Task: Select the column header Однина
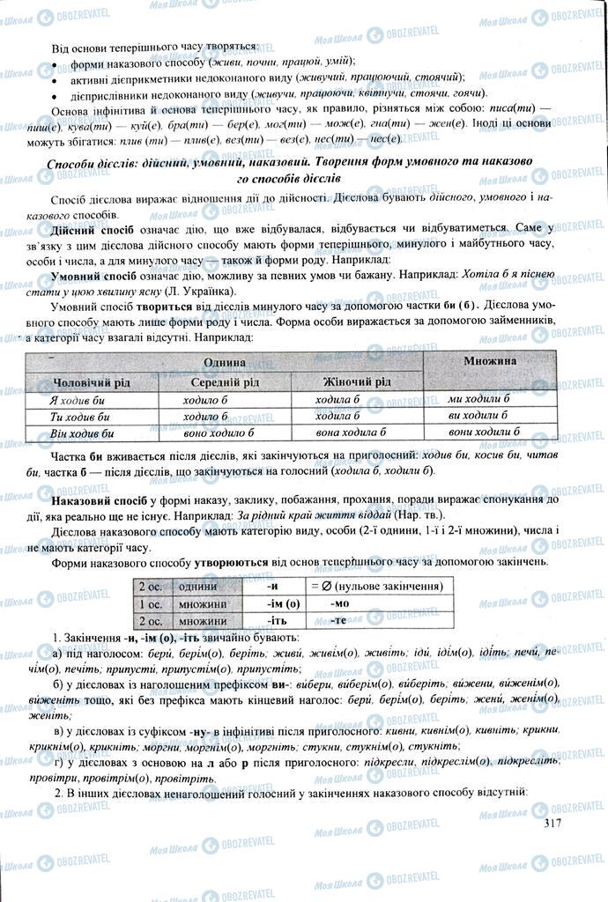[224, 363]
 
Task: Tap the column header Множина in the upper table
[490, 361]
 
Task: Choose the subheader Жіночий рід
[355, 383]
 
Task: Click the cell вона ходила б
[352, 433]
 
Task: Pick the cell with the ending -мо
[340, 604]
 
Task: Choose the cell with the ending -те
[340, 621]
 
